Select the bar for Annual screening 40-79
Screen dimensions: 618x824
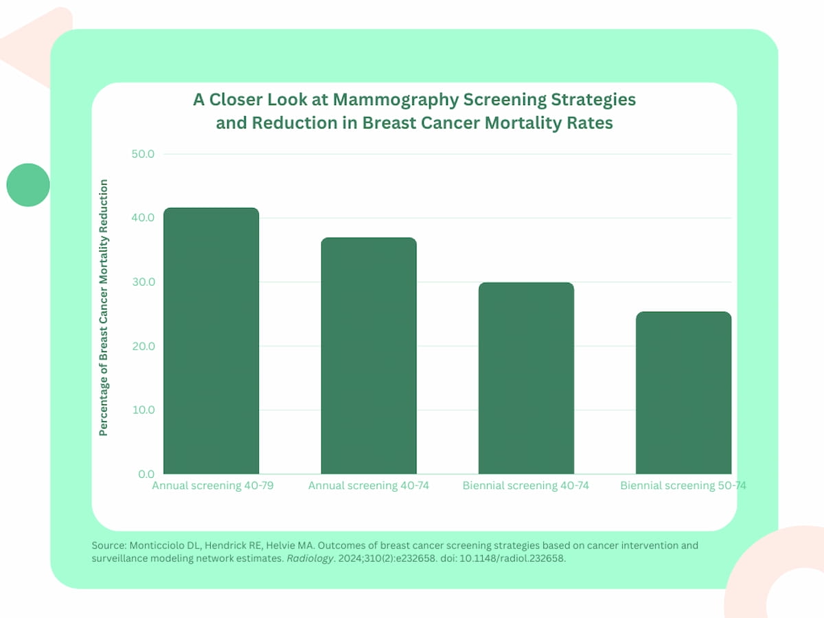pos(211,341)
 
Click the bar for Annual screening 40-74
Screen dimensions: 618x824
pos(369,356)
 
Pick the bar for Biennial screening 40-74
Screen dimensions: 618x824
pos(526,378)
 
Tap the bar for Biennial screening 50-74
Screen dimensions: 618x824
pos(683,393)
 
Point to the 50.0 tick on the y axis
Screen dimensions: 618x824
pos(142,154)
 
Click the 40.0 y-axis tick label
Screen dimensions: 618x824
pos(142,218)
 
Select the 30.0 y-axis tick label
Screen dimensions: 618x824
pos(142,282)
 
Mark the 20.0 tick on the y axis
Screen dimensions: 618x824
pos(142,346)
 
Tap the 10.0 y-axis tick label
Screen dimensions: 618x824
pos(142,410)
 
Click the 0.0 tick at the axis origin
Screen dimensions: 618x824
pos(146,474)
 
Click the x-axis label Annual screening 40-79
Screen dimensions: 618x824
pos(211,486)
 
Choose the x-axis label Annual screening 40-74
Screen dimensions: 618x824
pos(369,486)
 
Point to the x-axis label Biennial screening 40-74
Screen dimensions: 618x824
pos(526,486)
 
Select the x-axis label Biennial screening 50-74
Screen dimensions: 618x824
pos(683,486)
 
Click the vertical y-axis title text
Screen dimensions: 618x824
pos(104,308)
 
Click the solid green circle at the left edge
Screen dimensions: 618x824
pos(28,185)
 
